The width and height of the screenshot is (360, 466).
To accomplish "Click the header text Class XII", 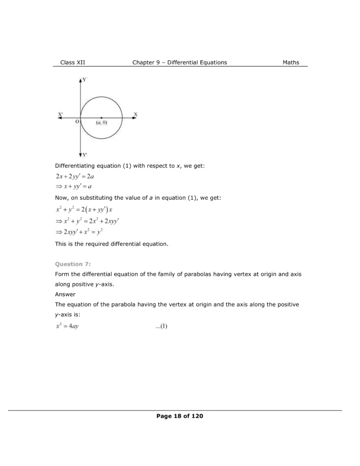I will [x=73, y=62].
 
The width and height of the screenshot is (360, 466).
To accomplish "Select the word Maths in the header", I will [x=291, y=62].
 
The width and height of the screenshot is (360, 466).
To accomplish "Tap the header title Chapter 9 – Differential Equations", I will [x=179, y=62].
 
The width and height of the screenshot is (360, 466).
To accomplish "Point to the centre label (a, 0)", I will [x=101, y=123].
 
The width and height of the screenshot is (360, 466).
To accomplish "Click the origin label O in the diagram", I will [x=77, y=122].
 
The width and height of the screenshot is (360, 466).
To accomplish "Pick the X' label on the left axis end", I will [x=61, y=114].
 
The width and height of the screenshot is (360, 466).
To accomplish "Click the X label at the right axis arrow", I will [x=135, y=114].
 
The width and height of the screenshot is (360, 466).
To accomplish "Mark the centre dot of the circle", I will [x=101, y=118].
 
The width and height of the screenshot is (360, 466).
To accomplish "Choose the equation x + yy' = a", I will [x=74, y=187].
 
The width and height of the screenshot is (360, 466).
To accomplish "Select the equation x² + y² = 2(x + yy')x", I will [x=83, y=210].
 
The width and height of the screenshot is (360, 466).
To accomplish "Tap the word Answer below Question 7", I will [x=65, y=294].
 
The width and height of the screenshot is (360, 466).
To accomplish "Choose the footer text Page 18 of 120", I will [x=179, y=416].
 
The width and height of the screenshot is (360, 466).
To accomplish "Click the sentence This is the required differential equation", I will [x=112, y=244].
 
